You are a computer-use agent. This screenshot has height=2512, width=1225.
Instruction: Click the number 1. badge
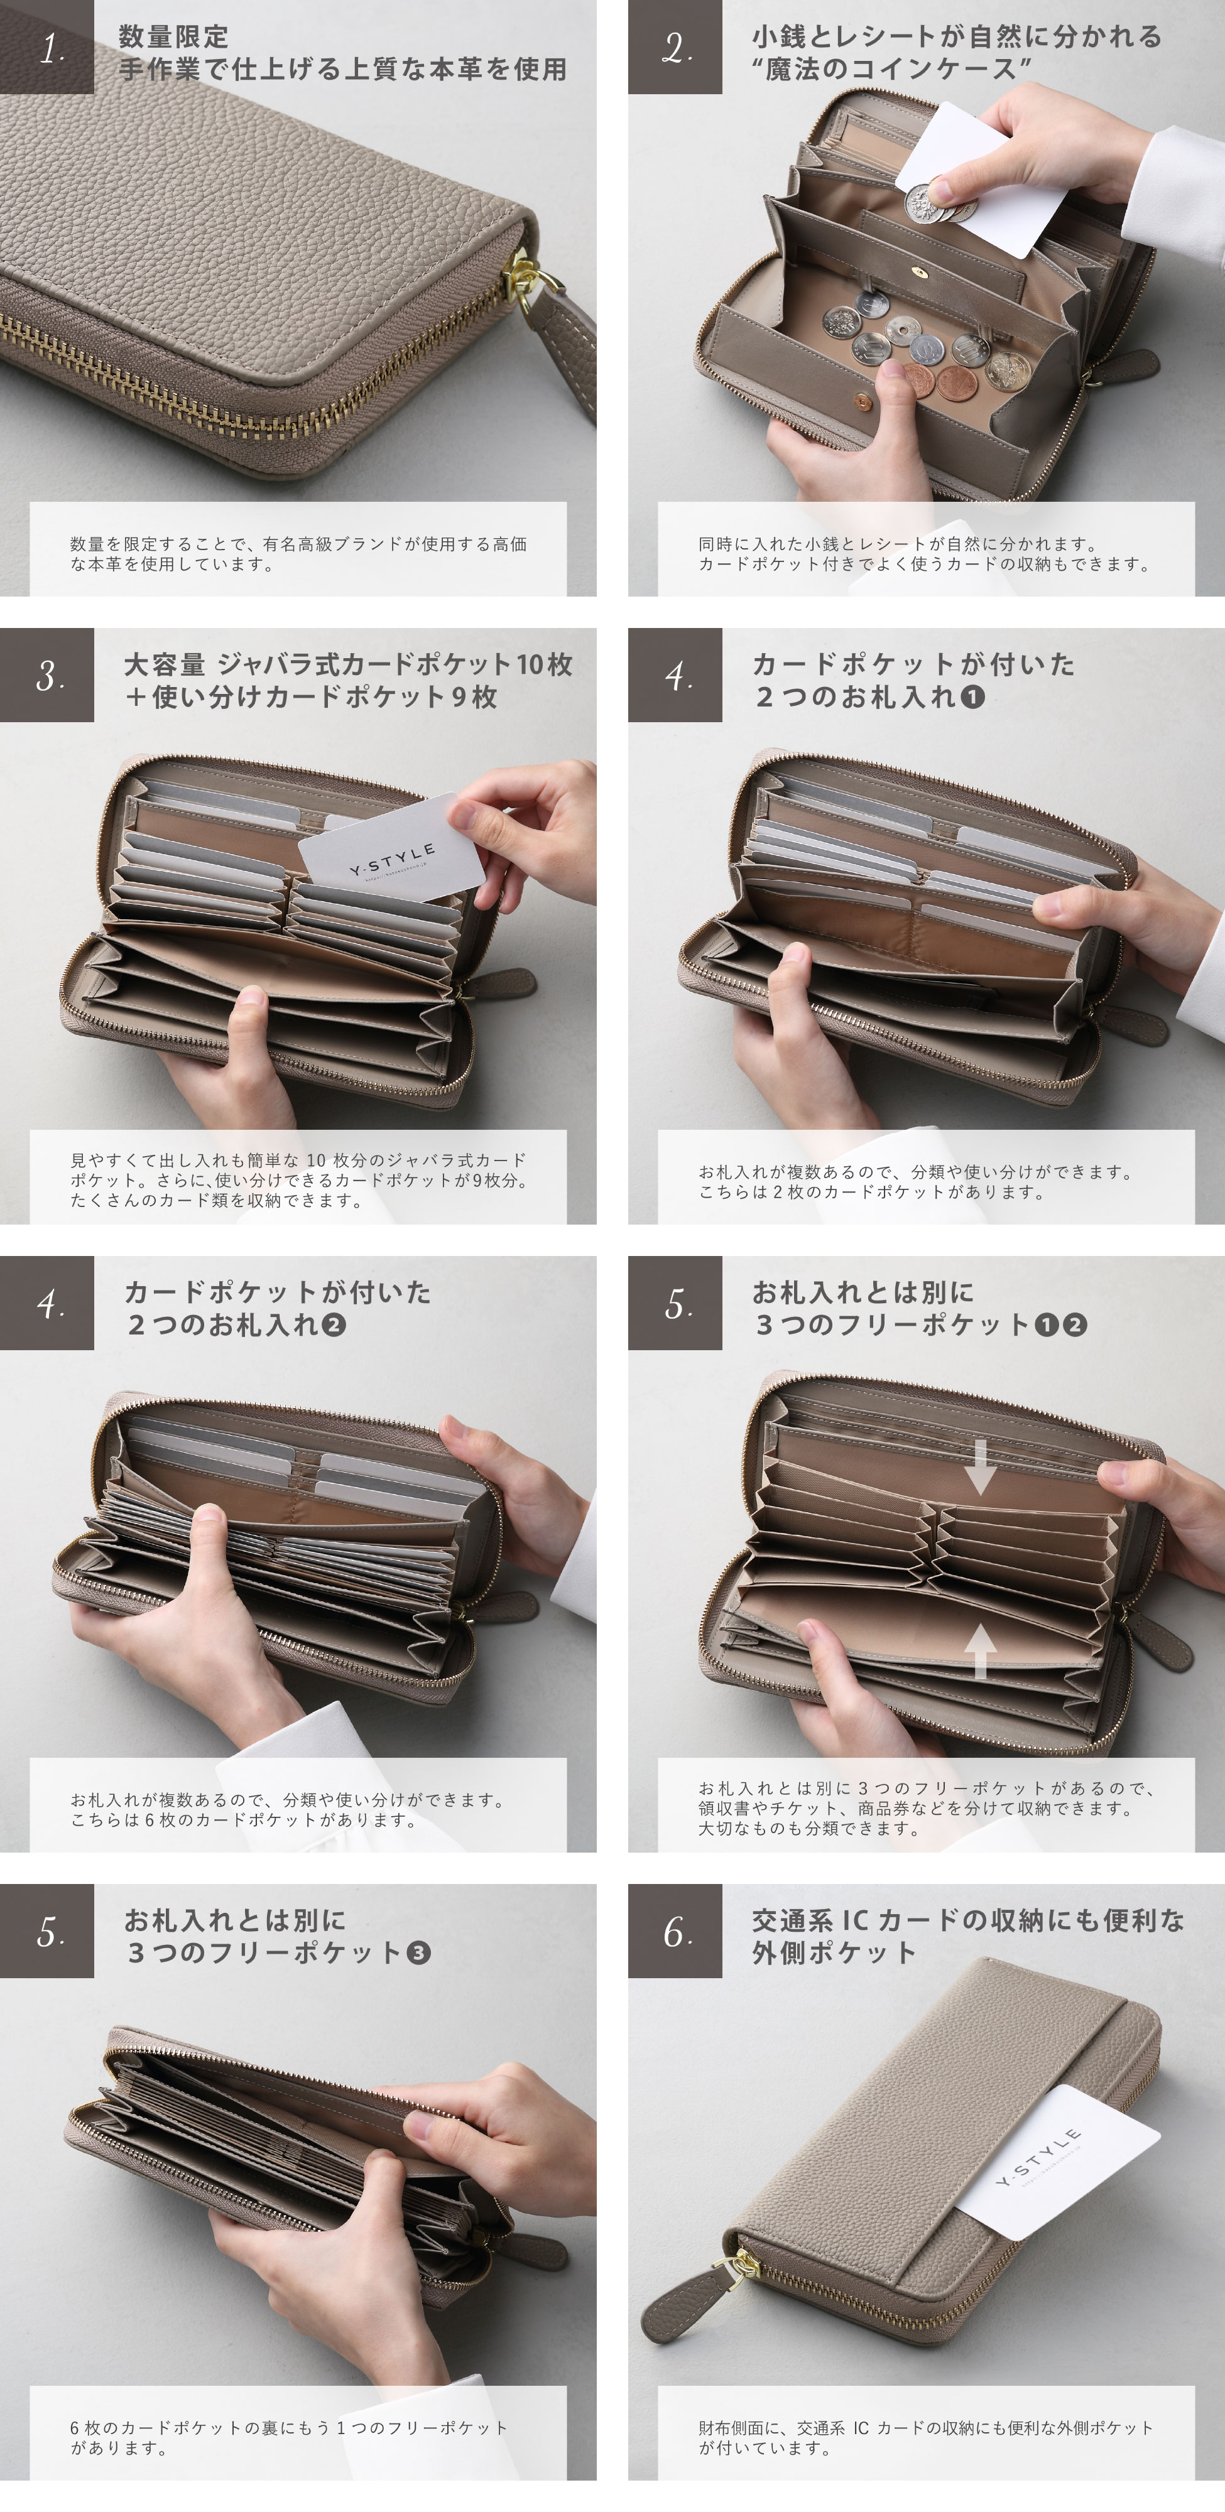pos(47,47)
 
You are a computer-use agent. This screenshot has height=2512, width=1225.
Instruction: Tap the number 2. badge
pos(675,47)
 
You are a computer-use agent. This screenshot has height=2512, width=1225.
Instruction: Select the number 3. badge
pos(47,675)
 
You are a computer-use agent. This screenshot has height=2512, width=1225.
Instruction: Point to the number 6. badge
pos(675,1931)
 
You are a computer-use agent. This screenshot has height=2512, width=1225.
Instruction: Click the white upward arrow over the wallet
pos(979,1652)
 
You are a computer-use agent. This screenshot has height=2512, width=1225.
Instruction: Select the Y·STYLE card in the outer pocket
pos(1053,2160)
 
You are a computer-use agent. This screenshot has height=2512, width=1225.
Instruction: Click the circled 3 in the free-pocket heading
pos(418,1952)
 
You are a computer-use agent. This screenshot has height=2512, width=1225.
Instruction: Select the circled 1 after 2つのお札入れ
pos(972,696)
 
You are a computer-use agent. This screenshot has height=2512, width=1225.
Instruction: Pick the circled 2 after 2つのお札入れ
pos(334,1324)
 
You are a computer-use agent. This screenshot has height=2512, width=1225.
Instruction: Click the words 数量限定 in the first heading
pos(173,37)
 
